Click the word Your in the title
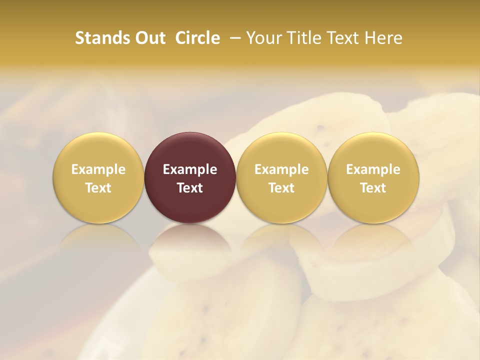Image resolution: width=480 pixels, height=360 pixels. pyautogui.click(x=263, y=38)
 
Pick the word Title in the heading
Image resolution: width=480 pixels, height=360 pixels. pyautogui.click(x=301, y=38)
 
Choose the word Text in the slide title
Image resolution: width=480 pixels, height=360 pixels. pyautogui.click(x=340, y=38)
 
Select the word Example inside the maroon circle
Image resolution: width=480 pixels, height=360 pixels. pyautogui.click(x=190, y=169)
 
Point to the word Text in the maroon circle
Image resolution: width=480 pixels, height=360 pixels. pyautogui.click(x=190, y=188)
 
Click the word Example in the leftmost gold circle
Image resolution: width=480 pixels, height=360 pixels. pyautogui.click(x=98, y=169)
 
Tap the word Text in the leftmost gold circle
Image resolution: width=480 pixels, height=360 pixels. pyautogui.click(x=98, y=188)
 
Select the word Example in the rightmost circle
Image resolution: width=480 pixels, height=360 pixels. pyautogui.click(x=373, y=169)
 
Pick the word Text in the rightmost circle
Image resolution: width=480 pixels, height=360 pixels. pyautogui.click(x=373, y=188)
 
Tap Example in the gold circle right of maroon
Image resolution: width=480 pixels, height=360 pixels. pyautogui.click(x=281, y=169)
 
